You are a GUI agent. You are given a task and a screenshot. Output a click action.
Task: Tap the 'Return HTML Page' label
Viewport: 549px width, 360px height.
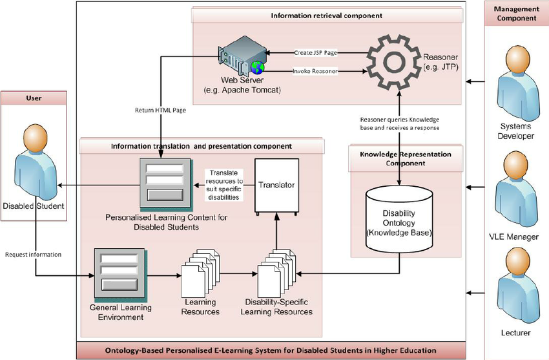[160, 110]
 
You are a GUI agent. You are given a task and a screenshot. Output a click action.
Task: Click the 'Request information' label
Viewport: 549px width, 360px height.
[33, 255]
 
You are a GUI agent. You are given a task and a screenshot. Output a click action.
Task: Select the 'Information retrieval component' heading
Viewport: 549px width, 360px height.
[327, 15]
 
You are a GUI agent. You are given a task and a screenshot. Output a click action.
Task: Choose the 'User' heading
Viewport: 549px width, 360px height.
[33, 99]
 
